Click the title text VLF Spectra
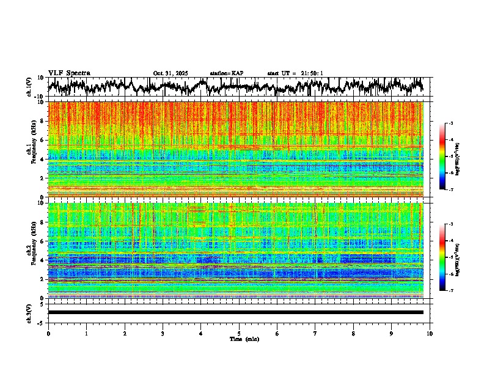tap(69, 73)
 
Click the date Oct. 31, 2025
tap(170, 73)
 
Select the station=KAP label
tap(227, 73)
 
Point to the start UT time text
tap(295, 73)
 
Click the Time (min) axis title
tap(239, 339)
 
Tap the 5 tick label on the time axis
tap(239, 333)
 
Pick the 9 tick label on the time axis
tap(392, 333)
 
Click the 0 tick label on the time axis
tap(48, 333)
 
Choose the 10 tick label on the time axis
tap(430, 333)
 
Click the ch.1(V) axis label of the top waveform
tap(29, 87)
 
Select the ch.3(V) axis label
tap(29, 312)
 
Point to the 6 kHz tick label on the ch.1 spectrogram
tap(43, 140)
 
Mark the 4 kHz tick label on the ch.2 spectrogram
tap(43, 260)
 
